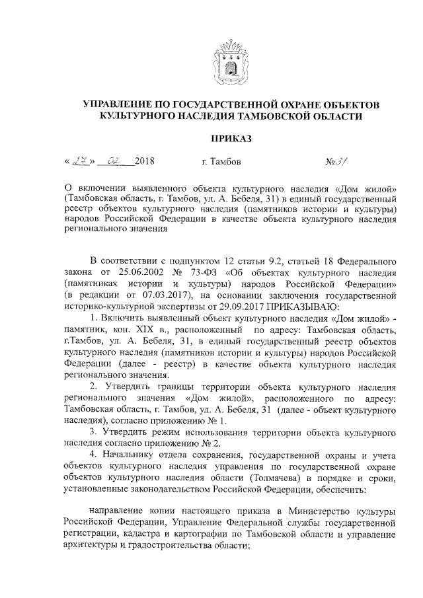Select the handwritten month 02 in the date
116,161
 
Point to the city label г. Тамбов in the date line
221,162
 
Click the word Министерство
325,511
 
